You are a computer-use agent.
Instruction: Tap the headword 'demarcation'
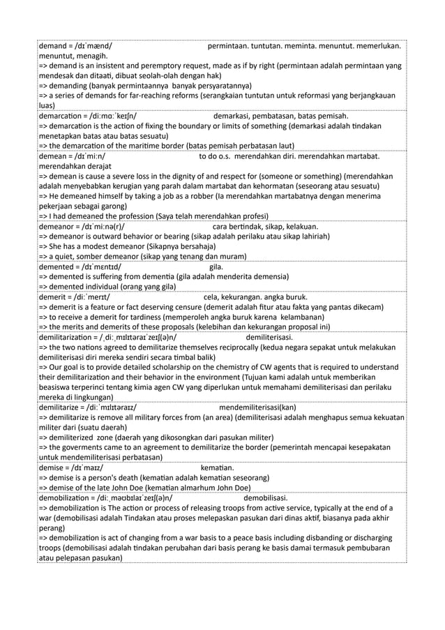pyautogui.click(x=63, y=116)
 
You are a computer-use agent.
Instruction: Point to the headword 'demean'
pyautogui.click(x=54, y=156)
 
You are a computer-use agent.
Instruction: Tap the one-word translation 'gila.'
pyautogui.click(x=216, y=267)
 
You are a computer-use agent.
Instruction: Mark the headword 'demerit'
pyautogui.click(x=54, y=297)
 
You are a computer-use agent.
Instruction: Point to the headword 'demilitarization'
pyautogui.click(x=68, y=336)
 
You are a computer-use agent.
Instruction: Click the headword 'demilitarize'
pyautogui.click(x=61, y=407)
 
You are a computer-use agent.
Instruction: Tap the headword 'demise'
pyautogui.click(x=52, y=467)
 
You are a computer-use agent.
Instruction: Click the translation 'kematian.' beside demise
pyautogui.click(x=217, y=467)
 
